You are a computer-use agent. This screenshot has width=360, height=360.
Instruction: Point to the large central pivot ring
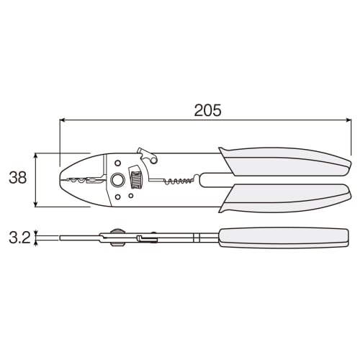click(117, 179)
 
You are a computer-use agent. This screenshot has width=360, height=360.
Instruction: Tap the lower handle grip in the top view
click(288, 196)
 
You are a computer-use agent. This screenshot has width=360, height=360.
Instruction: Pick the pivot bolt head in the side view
click(115, 237)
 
